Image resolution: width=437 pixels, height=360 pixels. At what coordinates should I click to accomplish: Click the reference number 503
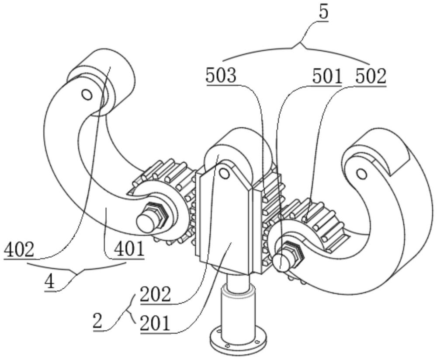click(221, 76)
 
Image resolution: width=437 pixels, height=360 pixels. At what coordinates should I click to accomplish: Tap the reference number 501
click(327, 77)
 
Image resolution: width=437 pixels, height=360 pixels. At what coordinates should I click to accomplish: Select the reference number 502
click(371, 77)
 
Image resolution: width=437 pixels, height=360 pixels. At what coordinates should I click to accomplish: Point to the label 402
click(19, 250)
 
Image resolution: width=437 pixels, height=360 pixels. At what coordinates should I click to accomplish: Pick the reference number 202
click(155, 294)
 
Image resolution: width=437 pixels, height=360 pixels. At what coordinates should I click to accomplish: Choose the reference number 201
click(155, 324)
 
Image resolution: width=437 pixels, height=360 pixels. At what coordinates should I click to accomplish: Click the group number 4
click(49, 283)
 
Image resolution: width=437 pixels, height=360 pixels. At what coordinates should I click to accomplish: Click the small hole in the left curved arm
click(87, 94)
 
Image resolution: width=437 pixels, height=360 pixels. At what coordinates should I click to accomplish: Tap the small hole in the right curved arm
click(362, 174)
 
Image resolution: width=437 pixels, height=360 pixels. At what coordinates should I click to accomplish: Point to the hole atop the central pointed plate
click(223, 174)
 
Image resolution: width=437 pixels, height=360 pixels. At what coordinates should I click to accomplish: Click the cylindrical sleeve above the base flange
click(237, 307)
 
